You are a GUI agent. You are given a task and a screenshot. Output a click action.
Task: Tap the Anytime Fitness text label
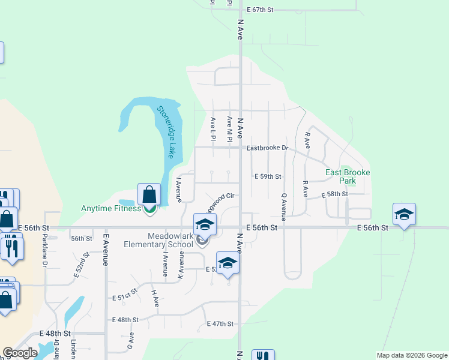coord(111,209)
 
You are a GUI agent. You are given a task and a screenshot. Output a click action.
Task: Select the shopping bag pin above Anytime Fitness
coord(149,194)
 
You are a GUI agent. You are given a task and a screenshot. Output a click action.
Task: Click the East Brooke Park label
coord(348,176)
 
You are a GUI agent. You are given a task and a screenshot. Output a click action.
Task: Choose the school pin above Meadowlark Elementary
coord(205,224)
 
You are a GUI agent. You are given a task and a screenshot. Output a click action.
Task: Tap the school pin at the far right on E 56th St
coord(404,214)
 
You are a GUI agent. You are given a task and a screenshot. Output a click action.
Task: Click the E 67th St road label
coord(260,10)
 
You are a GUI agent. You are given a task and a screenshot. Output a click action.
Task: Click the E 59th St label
coord(268,176)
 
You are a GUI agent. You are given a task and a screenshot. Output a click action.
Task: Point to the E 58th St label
coord(335,195)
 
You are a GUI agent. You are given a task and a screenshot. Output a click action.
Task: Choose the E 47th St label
coord(220,324)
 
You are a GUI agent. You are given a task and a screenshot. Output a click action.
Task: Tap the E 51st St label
coord(125,297)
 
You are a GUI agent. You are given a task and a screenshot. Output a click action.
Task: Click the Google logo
coord(20,353)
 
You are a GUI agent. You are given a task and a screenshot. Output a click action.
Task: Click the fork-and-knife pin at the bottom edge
coord(263,355)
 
